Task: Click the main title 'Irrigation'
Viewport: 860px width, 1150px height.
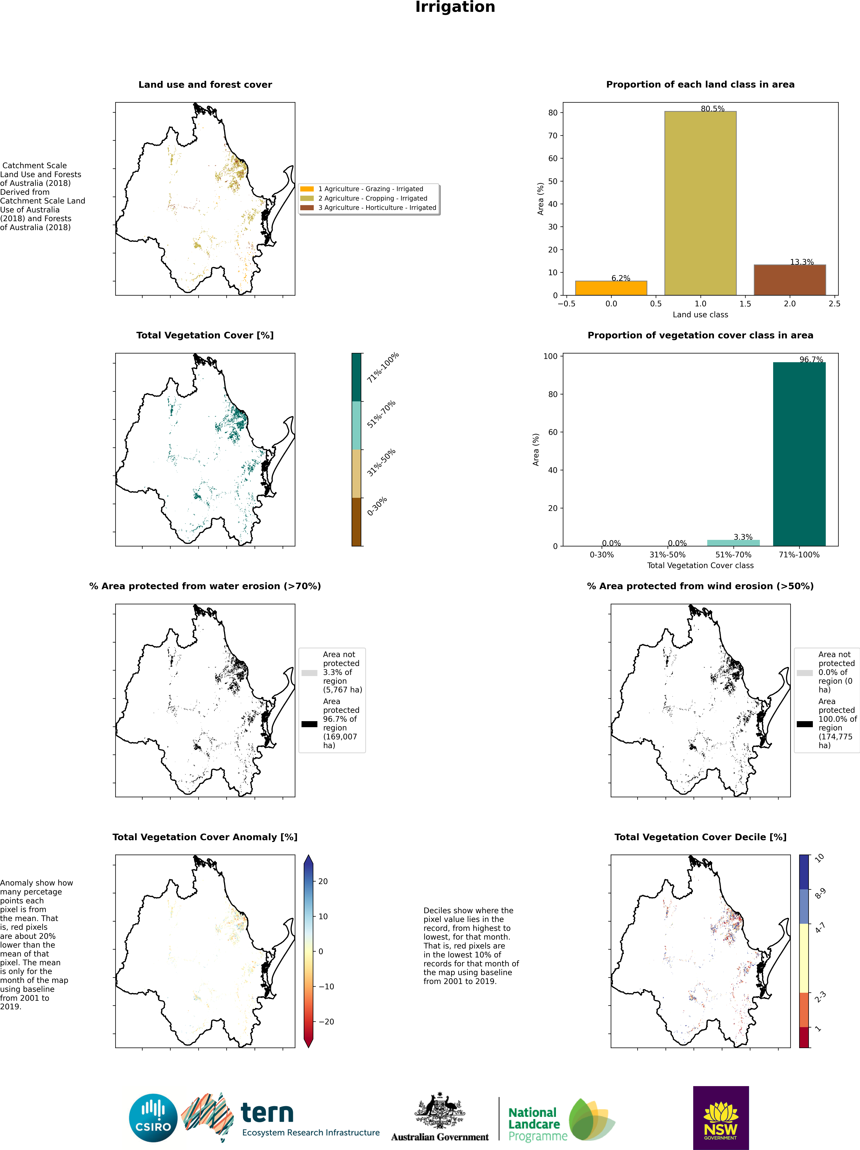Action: tap(455, 7)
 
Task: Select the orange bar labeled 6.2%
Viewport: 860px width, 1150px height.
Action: tap(611, 288)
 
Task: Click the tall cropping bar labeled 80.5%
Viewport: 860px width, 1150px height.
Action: tap(700, 203)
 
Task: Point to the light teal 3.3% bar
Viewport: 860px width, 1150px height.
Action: tap(733, 543)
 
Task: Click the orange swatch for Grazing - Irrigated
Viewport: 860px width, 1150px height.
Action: tap(307, 189)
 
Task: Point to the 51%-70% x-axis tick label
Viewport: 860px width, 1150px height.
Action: tap(733, 555)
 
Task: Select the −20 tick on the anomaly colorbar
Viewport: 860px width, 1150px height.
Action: tap(326, 1022)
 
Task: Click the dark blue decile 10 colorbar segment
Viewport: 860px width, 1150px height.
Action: tap(804, 872)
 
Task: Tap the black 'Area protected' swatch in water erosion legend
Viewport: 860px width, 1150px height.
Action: tap(309, 724)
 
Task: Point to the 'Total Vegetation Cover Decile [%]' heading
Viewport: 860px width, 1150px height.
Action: tap(700, 837)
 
